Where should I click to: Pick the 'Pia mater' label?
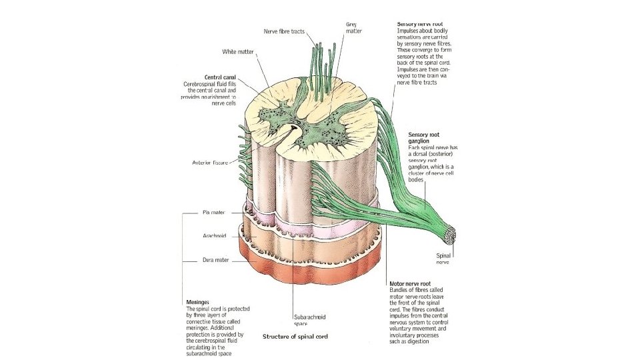pos(214,213)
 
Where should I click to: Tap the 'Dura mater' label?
pos(215,260)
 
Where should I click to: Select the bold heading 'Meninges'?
pos(198,301)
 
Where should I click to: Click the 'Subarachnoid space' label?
pos(309,320)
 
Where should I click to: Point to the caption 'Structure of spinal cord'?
pos(295,336)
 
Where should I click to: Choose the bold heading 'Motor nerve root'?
pos(411,283)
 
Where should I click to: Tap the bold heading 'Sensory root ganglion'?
pos(424,137)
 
